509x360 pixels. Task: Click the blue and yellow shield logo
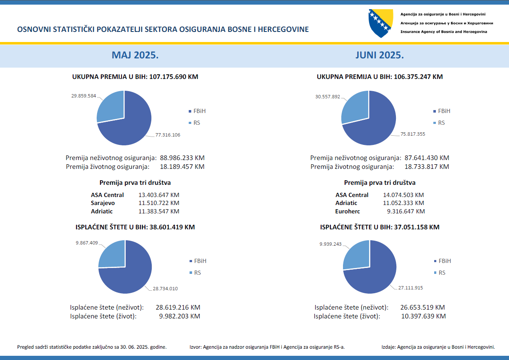380,23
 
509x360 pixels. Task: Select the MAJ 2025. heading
135,55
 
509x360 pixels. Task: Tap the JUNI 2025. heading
380,55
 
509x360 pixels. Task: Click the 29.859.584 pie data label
84,96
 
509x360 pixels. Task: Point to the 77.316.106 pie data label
168,135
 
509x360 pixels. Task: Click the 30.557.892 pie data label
328,96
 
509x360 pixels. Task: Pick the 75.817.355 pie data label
412,134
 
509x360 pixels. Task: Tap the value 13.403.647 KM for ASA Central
159,195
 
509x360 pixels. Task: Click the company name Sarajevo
103,203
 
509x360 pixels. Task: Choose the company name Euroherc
348,211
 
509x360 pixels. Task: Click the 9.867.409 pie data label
87,243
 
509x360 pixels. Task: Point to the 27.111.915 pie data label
410,288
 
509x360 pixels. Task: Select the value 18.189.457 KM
182,166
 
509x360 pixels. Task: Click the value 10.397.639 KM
423,316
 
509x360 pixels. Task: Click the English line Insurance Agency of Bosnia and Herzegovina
444,32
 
